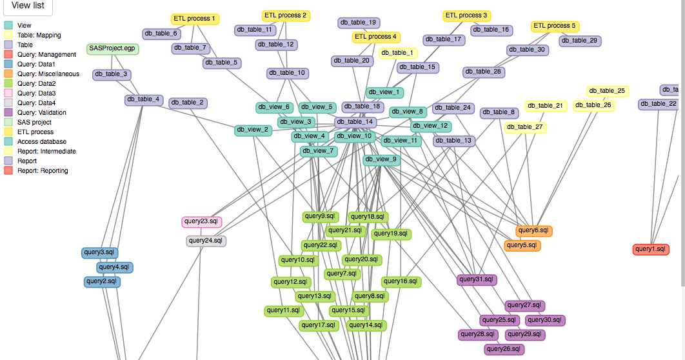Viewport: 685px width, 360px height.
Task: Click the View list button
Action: (x=27, y=6)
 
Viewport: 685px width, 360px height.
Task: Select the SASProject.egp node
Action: (x=112, y=49)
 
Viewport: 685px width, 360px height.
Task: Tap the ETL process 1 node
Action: (x=195, y=19)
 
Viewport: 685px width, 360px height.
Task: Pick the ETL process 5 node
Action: (x=555, y=26)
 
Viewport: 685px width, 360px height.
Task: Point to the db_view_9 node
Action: (x=381, y=159)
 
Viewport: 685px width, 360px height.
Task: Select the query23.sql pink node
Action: (x=202, y=222)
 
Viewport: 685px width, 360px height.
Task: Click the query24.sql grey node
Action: (x=206, y=241)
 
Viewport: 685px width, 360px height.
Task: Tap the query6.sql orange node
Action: (x=533, y=231)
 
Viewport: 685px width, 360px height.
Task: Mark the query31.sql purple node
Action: (x=477, y=280)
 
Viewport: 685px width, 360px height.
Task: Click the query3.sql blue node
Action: (x=100, y=252)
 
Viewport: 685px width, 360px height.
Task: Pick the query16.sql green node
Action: (x=401, y=282)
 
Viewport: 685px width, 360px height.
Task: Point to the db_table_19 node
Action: (x=359, y=23)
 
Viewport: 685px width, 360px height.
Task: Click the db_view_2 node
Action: (x=252, y=130)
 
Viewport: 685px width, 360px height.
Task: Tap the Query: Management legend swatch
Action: (x=8, y=55)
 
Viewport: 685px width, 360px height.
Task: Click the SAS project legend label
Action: (x=34, y=123)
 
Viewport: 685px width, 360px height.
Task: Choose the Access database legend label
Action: (x=41, y=142)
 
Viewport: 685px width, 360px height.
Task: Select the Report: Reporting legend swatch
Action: (x=8, y=171)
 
